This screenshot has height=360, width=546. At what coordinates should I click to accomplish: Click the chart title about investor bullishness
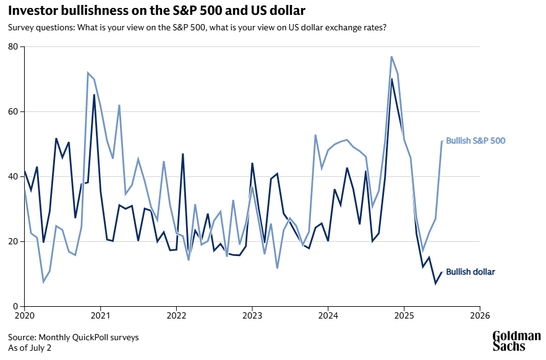click(156, 11)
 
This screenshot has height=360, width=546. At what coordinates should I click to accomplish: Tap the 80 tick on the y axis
click(12, 47)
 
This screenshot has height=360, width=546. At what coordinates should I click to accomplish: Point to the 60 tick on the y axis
click(12, 112)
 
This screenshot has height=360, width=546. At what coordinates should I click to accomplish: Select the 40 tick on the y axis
click(12, 177)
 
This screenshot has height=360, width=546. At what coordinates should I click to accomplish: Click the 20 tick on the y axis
click(12, 242)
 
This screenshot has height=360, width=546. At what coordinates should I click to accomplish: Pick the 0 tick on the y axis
click(15, 307)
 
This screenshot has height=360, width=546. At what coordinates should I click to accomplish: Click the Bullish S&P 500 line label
click(476, 141)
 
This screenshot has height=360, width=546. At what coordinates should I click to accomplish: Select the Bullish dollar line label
click(470, 272)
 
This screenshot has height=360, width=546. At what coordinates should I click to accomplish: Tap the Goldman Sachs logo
click(516, 341)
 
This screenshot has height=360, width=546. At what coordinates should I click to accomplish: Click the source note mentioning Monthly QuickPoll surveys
click(74, 338)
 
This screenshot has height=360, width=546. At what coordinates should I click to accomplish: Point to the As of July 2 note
click(30, 348)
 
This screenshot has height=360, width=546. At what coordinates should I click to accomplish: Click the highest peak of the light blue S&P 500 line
click(392, 57)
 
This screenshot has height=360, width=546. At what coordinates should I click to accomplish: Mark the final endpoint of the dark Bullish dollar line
click(442, 272)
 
